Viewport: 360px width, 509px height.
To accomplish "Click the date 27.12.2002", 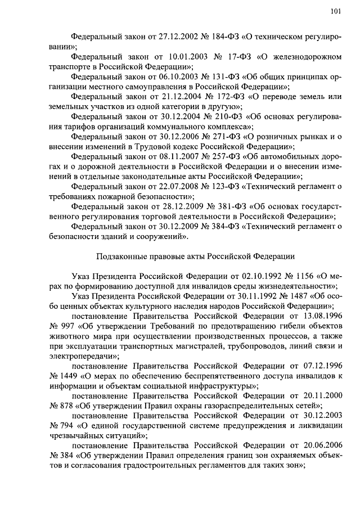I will point(164,37).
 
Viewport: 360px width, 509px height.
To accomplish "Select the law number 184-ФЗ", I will point(217,37).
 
